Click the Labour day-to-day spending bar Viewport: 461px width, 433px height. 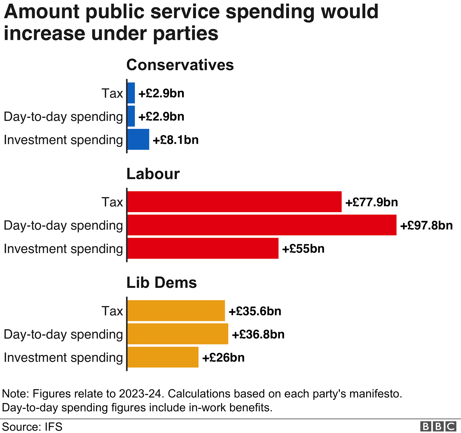262,225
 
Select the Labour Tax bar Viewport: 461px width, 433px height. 234,202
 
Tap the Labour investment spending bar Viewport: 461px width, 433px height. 203,248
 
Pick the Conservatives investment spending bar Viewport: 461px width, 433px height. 138,139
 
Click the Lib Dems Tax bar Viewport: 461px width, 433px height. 176,311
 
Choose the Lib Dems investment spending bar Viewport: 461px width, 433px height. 163,357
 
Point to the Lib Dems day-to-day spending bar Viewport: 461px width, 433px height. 178,334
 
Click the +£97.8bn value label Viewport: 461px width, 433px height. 426,225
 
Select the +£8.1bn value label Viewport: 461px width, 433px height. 175,140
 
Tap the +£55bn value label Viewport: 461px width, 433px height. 303,249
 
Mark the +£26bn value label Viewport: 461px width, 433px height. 223,358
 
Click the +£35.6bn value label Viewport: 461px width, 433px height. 255,311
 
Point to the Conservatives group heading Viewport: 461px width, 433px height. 180,65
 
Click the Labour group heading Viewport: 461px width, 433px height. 153,174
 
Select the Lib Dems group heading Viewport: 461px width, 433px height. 162,283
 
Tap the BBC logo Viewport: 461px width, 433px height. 438,426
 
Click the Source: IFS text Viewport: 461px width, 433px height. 32,426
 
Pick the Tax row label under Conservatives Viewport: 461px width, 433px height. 112,93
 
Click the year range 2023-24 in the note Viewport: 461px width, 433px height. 140,394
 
